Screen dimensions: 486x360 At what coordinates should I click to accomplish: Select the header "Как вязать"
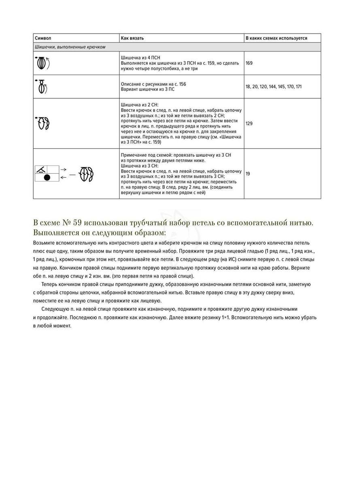tap(132, 38)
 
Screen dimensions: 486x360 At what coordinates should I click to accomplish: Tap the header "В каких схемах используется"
tap(276, 38)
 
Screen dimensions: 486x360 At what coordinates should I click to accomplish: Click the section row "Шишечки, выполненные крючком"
tap(70, 47)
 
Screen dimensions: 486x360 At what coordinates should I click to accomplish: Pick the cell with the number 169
tap(249, 63)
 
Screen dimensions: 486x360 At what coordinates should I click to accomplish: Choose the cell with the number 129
tap(249, 123)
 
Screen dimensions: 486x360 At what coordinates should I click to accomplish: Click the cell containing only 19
tap(248, 173)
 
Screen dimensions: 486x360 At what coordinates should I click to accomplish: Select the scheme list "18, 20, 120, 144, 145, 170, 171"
tap(273, 87)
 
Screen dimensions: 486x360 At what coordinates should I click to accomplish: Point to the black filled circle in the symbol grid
tap(47, 177)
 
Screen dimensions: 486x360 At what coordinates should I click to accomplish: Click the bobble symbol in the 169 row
tap(42, 63)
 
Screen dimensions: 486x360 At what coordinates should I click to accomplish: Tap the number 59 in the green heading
tap(78, 223)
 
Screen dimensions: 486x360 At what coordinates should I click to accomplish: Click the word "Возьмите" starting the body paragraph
tap(45, 243)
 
